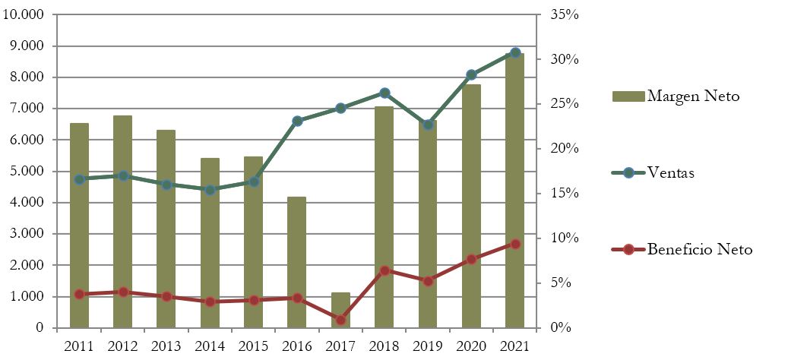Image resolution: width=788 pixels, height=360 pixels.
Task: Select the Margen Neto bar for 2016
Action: pos(297,262)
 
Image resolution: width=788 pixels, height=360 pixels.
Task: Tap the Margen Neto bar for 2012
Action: pos(123,221)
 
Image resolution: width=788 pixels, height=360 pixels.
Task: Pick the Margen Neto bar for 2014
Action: pos(210,242)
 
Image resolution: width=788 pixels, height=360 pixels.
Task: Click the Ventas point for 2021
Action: pos(515,52)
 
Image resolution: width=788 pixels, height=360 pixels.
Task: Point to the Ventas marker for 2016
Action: pos(297,121)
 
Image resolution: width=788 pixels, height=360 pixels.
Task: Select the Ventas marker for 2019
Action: pos(428,125)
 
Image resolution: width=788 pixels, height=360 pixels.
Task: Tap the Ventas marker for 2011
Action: pos(79,179)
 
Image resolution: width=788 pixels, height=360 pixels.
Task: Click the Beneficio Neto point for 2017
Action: pos(340,320)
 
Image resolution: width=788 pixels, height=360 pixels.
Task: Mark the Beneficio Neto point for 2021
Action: pos(515,244)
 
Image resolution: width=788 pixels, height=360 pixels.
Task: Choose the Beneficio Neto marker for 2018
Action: pos(385,270)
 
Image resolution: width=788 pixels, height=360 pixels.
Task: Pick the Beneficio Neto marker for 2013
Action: pos(166,296)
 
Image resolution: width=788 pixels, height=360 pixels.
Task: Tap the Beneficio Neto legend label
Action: pos(699,249)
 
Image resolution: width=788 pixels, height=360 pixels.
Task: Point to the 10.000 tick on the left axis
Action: pos(27,15)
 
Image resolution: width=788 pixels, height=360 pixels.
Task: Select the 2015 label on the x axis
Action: pos(254,346)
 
